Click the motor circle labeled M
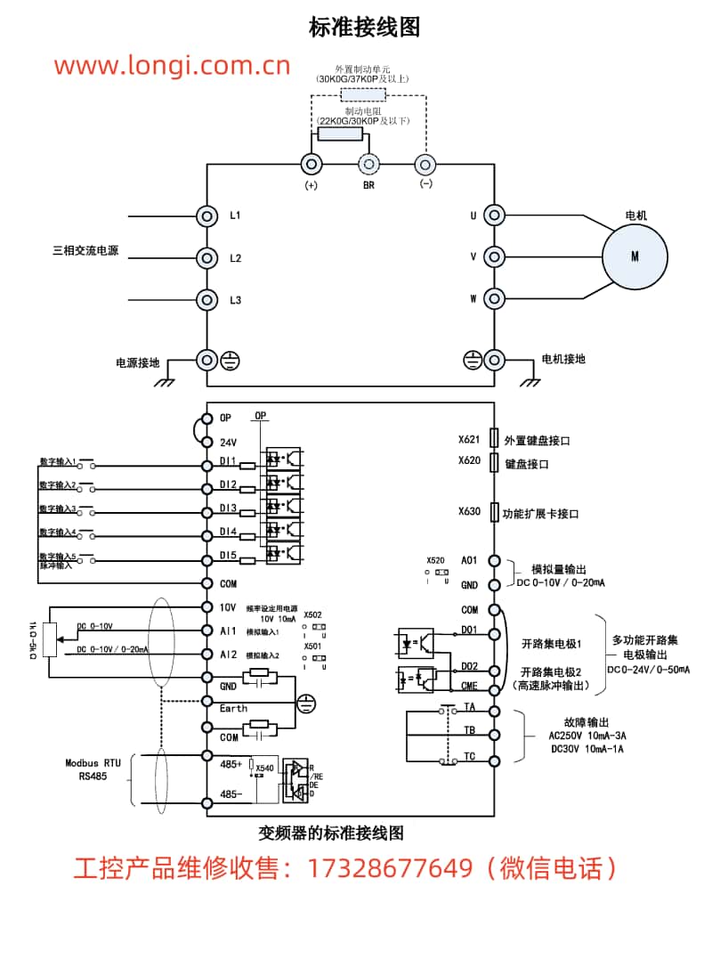(635, 256)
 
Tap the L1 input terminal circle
(207, 216)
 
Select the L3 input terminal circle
(207, 300)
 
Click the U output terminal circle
(495, 216)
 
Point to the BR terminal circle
(368, 164)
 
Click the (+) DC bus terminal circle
(311, 164)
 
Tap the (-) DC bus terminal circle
(425, 164)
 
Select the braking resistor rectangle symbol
(341, 134)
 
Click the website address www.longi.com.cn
(172, 65)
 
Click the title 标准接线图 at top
(364, 28)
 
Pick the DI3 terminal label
(229, 508)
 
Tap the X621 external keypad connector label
(469, 439)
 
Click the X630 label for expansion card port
(469, 512)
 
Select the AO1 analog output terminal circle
(495, 561)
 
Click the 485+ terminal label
(231, 764)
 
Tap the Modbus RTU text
(93, 763)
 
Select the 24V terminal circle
(207, 442)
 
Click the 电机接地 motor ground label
(564, 359)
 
